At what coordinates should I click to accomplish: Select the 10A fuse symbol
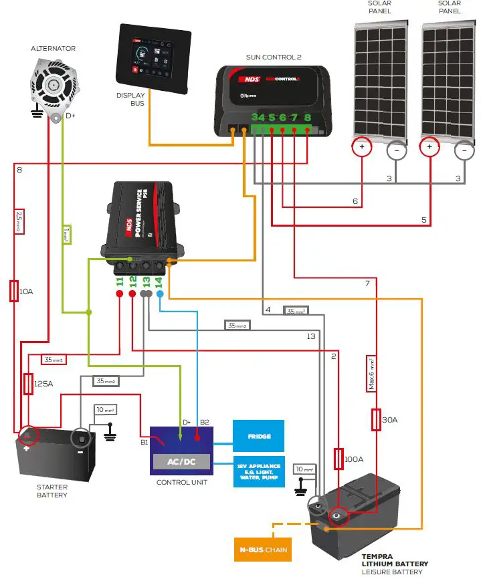(13, 291)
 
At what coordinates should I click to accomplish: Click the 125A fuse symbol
(28, 384)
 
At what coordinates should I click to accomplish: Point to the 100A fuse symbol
(339, 459)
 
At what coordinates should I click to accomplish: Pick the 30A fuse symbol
(376, 420)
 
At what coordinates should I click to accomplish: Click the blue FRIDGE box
(259, 436)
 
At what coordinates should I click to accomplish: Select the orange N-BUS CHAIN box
(263, 550)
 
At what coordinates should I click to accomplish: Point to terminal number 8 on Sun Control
(307, 118)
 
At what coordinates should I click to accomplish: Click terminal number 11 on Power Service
(120, 281)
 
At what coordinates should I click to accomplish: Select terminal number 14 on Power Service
(159, 281)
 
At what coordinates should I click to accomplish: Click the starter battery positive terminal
(27, 436)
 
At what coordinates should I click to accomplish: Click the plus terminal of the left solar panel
(362, 147)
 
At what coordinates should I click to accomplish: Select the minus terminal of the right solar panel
(464, 152)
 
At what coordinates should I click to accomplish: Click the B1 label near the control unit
(144, 442)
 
